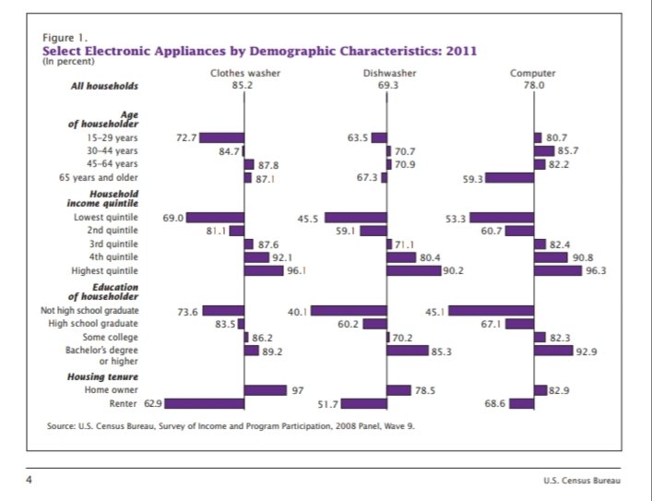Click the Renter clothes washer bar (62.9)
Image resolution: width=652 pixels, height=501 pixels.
(204, 403)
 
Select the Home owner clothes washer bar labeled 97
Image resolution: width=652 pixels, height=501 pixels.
(266, 390)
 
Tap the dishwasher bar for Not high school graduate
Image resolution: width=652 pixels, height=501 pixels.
(349, 311)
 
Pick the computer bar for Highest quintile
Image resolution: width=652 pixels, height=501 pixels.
(558, 270)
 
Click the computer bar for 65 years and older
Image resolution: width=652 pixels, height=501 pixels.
(509, 177)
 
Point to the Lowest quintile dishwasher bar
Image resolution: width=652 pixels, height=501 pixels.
(355, 218)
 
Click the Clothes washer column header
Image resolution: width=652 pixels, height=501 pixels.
(244, 72)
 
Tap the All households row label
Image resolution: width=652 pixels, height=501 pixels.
(104, 86)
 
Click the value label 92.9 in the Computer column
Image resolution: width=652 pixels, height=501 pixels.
(584, 352)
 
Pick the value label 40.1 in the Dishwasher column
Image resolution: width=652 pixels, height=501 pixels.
(296, 312)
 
